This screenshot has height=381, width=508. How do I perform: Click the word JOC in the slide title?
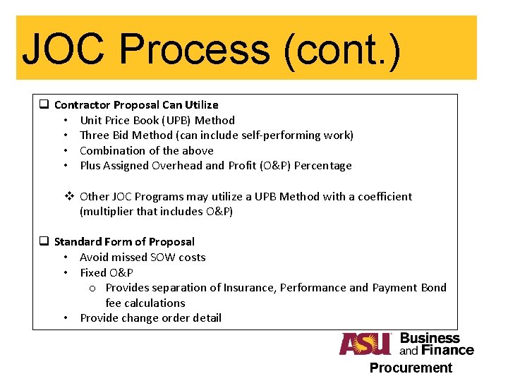coord(64,50)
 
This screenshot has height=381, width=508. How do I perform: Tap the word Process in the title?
coord(194,50)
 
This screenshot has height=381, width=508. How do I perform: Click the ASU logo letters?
coord(365,344)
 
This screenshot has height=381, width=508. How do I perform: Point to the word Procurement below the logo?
coord(411,368)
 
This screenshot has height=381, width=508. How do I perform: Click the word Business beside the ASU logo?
coord(430,338)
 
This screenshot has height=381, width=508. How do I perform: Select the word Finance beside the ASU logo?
coord(447,350)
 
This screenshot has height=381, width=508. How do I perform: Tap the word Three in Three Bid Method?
coord(95,135)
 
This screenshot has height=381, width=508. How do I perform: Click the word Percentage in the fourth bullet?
coord(322,166)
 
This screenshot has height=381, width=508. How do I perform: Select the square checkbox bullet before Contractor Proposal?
coord(43,104)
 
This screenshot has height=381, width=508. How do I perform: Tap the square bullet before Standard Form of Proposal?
coord(43,241)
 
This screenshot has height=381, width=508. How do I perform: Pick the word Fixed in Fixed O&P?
coord(93,272)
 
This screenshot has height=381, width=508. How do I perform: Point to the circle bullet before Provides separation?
coord(93,288)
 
